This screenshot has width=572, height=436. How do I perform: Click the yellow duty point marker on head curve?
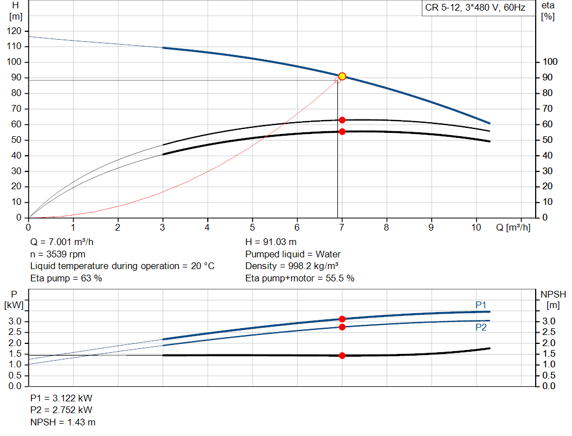(342, 76)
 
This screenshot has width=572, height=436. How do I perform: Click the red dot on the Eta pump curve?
(342, 120)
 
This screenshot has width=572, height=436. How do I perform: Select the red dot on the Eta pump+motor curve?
(342, 132)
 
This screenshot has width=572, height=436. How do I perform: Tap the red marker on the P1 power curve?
(342, 319)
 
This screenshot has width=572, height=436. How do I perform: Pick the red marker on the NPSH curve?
(342, 356)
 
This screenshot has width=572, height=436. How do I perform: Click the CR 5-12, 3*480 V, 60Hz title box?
(475, 8)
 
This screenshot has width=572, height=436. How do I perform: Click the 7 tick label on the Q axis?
(341, 227)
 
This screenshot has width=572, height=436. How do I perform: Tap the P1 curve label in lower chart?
(481, 305)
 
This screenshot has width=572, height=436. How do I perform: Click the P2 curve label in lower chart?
(481, 328)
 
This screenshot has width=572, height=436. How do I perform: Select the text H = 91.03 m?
(271, 243)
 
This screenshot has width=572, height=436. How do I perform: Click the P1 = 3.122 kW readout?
(61, 399)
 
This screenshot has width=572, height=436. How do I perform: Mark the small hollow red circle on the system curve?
(337, 80)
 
